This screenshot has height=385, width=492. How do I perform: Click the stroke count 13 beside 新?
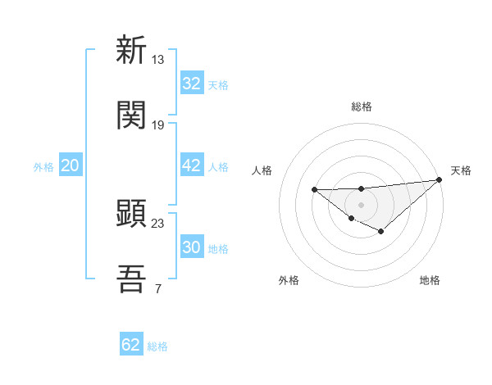158,59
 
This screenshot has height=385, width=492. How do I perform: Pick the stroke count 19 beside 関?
158,125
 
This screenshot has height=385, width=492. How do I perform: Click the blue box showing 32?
192,84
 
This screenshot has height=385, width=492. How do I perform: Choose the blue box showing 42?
192,165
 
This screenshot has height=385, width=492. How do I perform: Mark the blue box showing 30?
192,247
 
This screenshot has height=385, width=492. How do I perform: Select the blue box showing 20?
70,165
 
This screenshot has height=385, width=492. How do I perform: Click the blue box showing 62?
131,345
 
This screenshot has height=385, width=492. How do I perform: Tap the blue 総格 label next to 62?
157,346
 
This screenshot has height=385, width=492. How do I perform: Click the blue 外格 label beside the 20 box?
43,166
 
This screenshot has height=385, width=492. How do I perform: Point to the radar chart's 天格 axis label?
461,170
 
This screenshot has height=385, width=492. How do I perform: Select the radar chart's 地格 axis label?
430,280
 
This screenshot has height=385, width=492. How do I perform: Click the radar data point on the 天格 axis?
440,179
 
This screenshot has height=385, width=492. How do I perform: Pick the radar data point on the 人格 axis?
315,190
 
